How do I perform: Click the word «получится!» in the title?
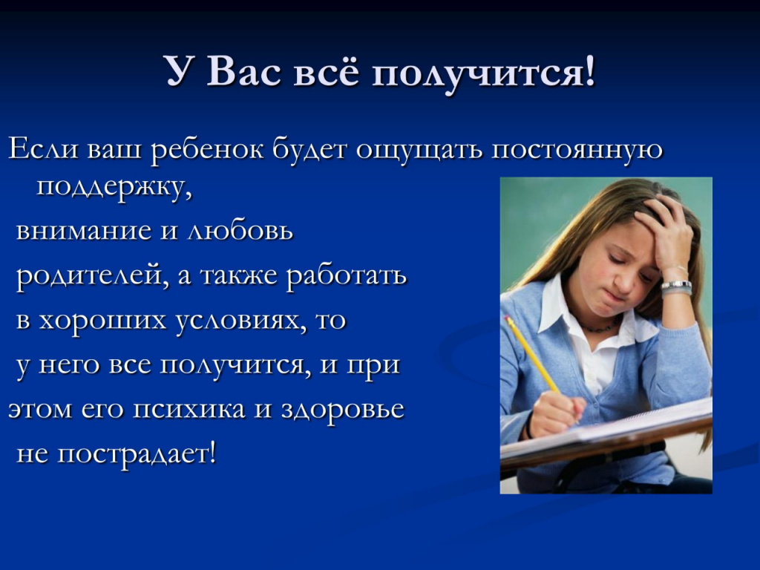pos(483,73)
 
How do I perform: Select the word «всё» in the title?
pos(327,72)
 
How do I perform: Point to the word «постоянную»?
pos(577,150)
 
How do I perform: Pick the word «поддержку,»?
pos(114,188)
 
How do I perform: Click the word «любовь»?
pos(240,230)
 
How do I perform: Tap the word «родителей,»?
pos(93,276)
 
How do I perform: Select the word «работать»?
pos(347,275)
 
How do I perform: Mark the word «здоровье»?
pos(342,410)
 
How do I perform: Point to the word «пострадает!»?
pos(137,455)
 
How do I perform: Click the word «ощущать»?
pos(420,151)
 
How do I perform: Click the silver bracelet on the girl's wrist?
pos(676,287)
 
